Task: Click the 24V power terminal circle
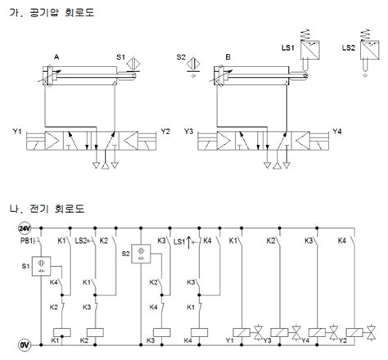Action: click(x=25, y=228)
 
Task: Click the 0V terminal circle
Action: click(x=25, y=345)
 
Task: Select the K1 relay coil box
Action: click(x=62, y=332)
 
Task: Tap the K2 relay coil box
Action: click(x=95, y=332)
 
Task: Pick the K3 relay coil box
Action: click(x=162, y=332)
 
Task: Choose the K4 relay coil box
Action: click(x=199, y=332)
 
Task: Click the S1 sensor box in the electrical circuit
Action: click(x=41, y=266)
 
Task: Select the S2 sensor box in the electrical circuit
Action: click(x=141, y=254)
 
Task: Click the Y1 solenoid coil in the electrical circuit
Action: click(x=241, y=332)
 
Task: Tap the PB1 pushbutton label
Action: click(x=26, y=241)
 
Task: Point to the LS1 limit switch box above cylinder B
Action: click(x=310, y=50)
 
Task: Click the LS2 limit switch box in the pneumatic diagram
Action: click(x=370, y=50)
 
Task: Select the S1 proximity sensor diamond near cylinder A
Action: click(x=133, y=64)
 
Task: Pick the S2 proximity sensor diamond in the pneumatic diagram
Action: click(x=193, y=64)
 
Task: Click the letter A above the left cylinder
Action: click(x=56, y=57)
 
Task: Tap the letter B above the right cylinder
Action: click(x=228, y=57)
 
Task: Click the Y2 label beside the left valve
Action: click(x=165, y=132)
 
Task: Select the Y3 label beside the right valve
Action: click(x=188, y=132)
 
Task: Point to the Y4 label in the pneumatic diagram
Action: click(x=337, y=132)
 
